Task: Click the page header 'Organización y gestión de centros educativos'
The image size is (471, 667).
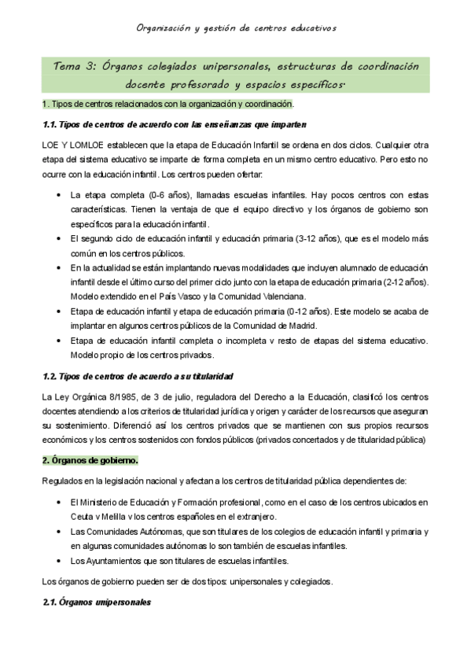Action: click(235, 28)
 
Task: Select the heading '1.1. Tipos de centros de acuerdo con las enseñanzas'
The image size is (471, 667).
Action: click(173, 124)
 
